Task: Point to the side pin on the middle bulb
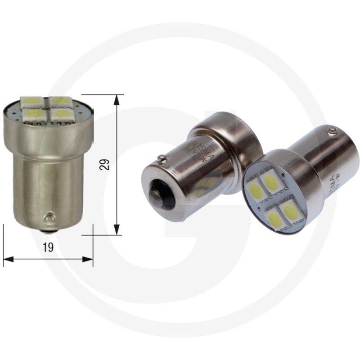[160, 158]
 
